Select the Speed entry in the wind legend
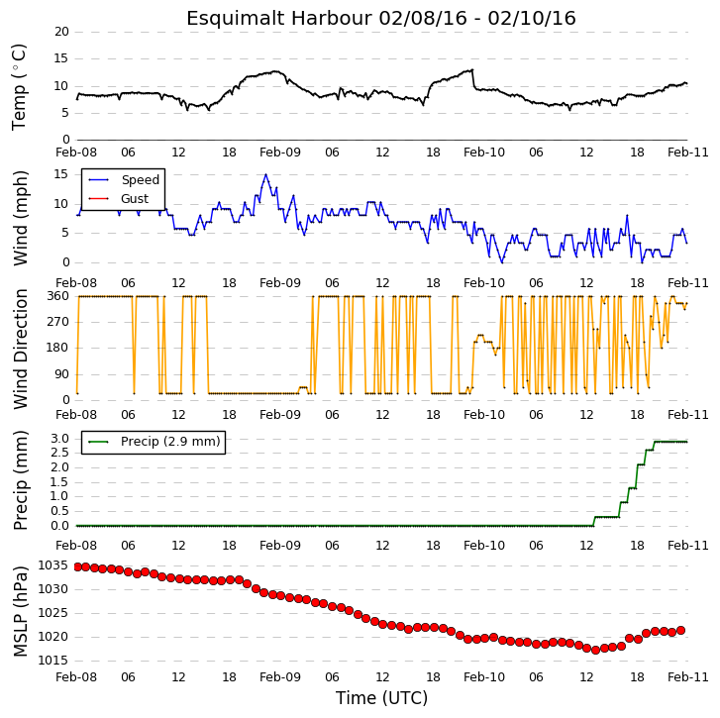[x=140, y=180]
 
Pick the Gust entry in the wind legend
[x=135, y=199]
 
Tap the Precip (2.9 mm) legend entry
[x=170, y=442]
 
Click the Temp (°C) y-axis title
[x=19, y=87]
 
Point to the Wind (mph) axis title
[x=20, y=218]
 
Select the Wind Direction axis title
[x=20, y=349]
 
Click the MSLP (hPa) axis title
[x=20, y=612]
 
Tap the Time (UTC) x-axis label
[x=381, y=698]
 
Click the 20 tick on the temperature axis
[x=61, y=32]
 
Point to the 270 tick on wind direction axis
[x=57, y=322]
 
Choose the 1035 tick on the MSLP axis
[x=52, y=565]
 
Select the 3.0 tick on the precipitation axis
[x=59, y=439]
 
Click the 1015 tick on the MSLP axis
[x=52, y=661]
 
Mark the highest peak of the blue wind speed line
[x=265, y=174]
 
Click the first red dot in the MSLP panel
[x=77, y=566]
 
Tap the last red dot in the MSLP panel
[x=681, y=631]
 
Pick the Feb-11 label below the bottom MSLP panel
[x=688, y=677]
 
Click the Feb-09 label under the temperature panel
[x=280, y=153]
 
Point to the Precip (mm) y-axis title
[x=20, y=480]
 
